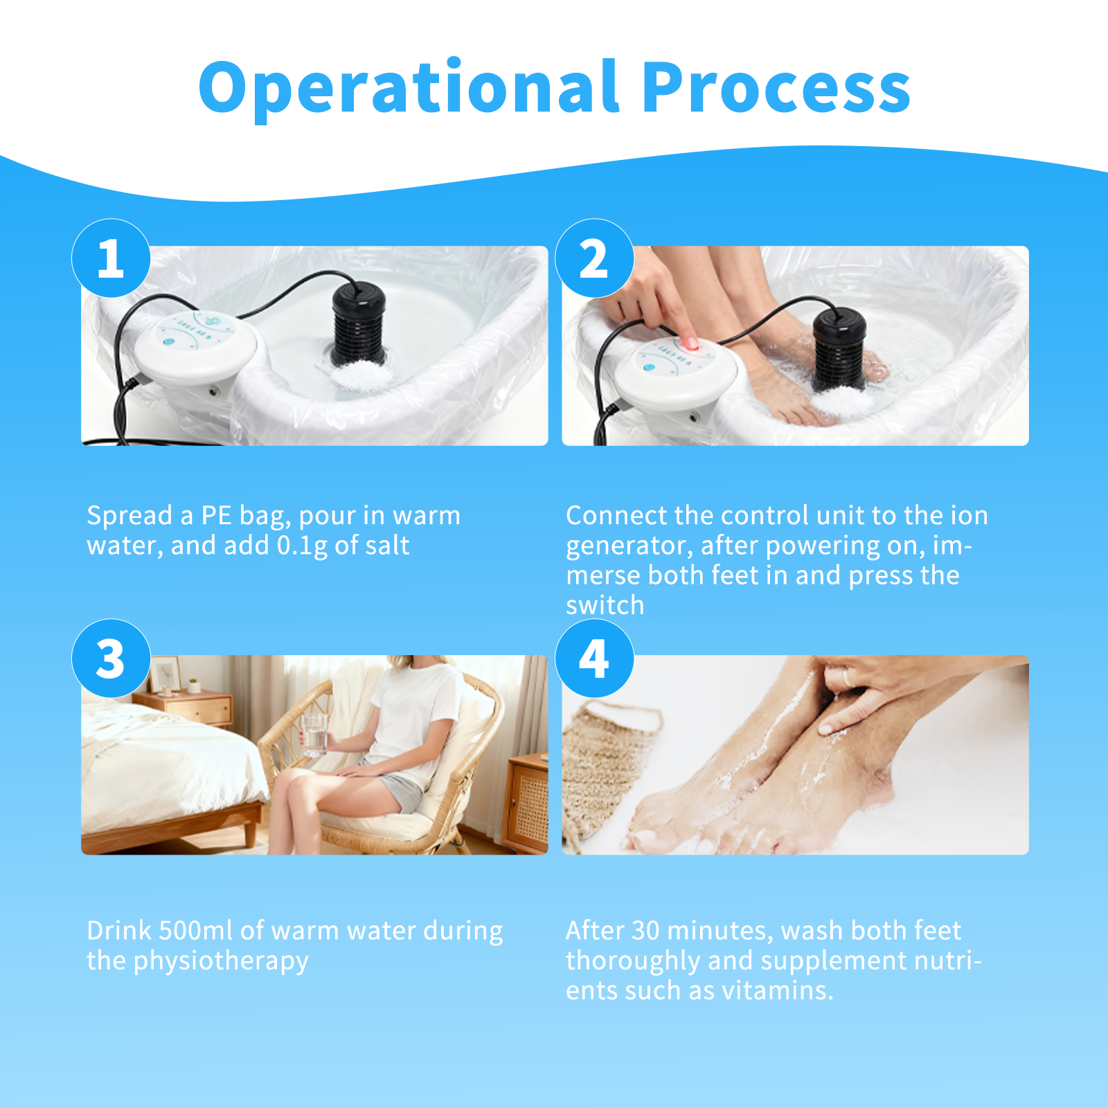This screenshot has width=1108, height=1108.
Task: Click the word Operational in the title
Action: point(409,89)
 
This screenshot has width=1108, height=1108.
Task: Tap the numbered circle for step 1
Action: point(111,258)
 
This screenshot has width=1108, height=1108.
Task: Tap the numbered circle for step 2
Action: point(594,258)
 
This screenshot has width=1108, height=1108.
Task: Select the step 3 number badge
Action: point(111,659)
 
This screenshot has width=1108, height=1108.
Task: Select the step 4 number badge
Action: point(594,659)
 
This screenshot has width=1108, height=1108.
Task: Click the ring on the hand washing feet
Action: point(845,676)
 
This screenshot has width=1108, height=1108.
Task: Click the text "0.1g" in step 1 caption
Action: point(302,546)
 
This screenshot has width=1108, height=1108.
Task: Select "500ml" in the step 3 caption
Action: point(195,931)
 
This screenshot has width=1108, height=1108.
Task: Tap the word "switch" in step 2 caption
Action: point(605,605)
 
